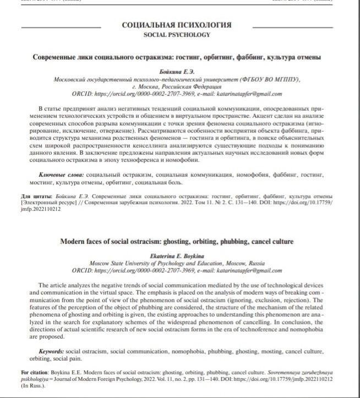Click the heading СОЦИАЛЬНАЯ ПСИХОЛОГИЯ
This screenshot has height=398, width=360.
pos(176,25)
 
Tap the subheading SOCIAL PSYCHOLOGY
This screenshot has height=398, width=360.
pos(176,35)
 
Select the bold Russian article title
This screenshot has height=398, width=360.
pos(176,57)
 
